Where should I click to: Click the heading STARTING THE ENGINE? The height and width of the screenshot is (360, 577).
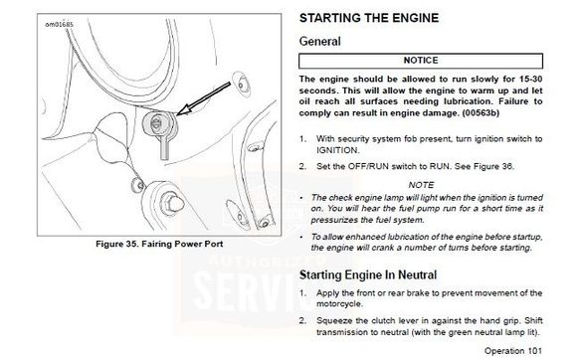(x=369, y=18)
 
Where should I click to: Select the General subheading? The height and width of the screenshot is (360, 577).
(x=319, y=41)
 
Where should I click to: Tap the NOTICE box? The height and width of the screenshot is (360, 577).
(x=421, y=61)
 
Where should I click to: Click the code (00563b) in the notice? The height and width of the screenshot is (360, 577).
(x=481, y=113)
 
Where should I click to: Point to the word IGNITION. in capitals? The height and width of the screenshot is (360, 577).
(x=338, y=150)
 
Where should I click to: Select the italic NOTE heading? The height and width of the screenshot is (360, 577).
(x=421, y=185)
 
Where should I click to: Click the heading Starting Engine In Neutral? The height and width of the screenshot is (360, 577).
(x=368, y=274)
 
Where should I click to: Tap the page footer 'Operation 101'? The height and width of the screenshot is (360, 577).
(x=513, y=351)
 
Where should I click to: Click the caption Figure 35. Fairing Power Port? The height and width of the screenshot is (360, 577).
(x=159, y=244)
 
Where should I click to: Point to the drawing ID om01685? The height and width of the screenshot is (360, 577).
(x=60, y=25)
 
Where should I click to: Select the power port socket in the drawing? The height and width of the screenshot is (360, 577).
(x=158, y=123)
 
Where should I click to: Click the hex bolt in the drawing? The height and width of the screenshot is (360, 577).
(x=171, y=203)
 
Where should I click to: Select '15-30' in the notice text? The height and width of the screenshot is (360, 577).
(x=530, y=79)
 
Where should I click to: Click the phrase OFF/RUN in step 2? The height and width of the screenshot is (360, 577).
(x=368, y=166)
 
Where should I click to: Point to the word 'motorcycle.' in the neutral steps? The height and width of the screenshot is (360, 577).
(x=339, y=304)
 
